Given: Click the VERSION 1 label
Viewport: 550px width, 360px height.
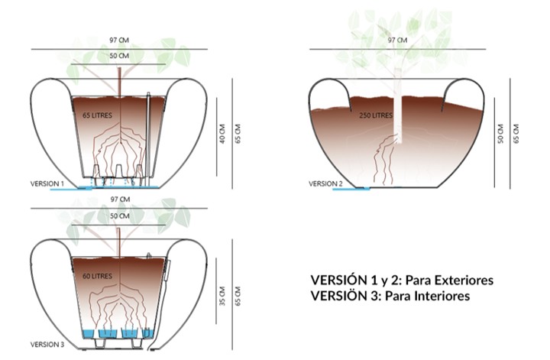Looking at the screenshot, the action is point(47,183).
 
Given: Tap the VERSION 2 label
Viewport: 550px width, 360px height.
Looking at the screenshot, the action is point(325,183).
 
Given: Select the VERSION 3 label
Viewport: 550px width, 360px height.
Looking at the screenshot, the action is point(47,345).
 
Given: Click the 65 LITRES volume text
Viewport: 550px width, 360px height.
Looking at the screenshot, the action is point(98,115).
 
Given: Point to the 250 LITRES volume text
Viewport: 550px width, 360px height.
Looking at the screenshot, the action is point(376,115).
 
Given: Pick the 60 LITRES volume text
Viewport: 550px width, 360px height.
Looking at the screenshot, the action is point(98,276).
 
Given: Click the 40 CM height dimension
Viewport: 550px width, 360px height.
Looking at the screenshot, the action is point(222,134).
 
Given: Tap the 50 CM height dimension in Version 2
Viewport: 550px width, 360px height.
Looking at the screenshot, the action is point(500,134).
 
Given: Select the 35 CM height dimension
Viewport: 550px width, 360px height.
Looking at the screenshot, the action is point(222,296).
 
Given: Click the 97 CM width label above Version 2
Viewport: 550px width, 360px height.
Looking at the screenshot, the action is point(397,40).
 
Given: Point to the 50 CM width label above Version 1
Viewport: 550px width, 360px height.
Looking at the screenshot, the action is point(119,56).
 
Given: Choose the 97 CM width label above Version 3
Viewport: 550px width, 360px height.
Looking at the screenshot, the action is point(121,199).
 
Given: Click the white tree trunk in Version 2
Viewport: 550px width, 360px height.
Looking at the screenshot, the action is point(397,105).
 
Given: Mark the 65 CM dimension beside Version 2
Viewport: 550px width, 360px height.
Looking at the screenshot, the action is point(516,134).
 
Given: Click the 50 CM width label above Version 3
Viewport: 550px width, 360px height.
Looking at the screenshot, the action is point(120,216).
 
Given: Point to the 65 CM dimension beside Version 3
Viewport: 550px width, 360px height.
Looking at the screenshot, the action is point(238,296).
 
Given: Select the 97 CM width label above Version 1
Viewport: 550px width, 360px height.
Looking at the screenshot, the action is point(119,40).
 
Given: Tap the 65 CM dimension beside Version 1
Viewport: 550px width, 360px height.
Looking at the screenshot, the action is point(238,134).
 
